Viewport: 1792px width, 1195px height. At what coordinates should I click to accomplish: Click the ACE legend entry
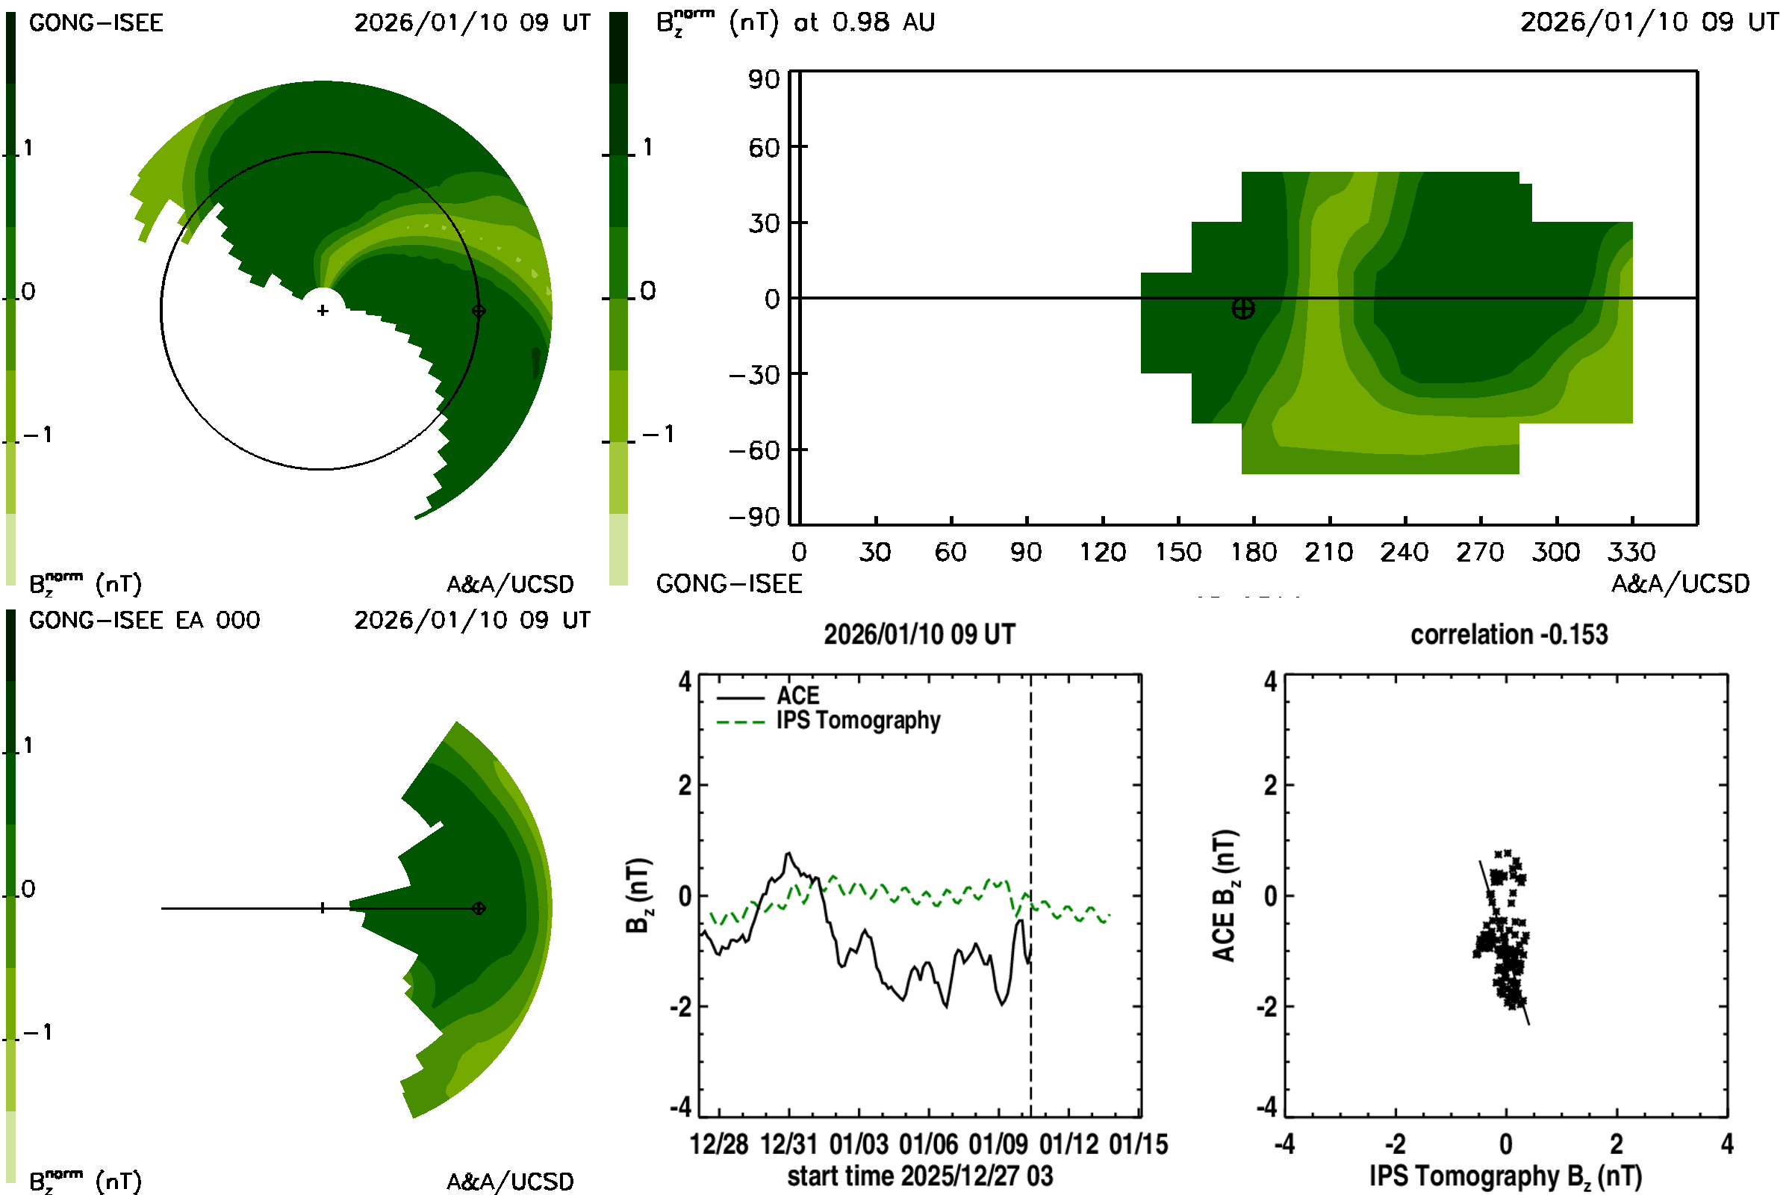tap(797, 696)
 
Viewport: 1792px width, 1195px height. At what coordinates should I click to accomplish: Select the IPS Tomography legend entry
tap(858, 721)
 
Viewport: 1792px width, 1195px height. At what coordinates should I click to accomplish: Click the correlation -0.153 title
tap(1508, 635)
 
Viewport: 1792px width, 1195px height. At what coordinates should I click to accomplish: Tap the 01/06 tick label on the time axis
tap(928, 1145)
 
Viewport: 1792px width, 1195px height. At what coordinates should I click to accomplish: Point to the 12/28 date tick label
tap(718, 1145)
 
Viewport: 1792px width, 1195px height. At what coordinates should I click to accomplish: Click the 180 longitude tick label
tap(1254, 552)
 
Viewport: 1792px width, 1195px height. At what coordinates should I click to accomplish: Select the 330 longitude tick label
tap(1631, 552)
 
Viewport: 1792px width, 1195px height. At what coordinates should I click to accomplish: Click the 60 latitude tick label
tap(763, 148)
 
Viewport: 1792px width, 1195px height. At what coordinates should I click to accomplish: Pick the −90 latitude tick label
tap(754, 518)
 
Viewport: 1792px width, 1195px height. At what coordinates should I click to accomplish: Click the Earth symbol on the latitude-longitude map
tap(1242, 308)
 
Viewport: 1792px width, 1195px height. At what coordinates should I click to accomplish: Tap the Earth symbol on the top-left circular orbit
tap(479, 311)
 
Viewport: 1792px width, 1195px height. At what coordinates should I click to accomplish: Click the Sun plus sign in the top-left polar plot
tap(323, 311)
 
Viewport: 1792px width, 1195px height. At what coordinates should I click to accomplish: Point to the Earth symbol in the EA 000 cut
tap(479, 908)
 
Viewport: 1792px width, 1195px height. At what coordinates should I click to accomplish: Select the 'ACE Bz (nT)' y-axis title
tap(1225, 896)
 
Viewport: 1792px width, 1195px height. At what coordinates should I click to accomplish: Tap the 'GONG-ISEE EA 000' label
tap(144, 621)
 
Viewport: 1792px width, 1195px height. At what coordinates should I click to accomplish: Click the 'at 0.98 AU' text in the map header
tap(863, 22)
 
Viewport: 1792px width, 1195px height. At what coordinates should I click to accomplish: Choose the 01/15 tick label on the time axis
tap(1138, 1145)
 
